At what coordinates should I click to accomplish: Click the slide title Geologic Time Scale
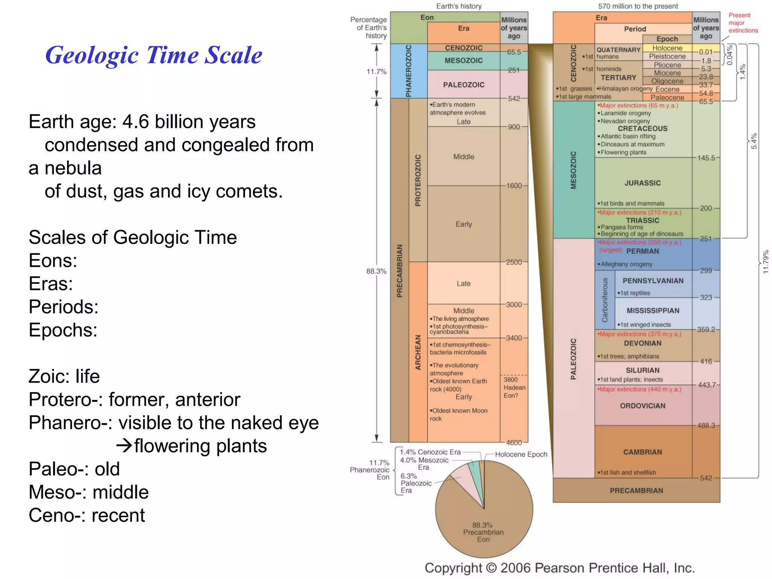click(153, 55)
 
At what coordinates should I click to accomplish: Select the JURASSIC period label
click(642, 183)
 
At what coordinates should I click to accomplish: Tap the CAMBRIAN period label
click(642, 452)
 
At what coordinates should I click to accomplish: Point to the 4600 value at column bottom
click(514, 443)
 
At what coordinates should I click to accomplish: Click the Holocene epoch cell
click(667, 48)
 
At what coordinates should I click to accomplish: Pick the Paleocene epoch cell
click(667, 98)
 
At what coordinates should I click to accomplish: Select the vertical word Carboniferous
click(605, 300)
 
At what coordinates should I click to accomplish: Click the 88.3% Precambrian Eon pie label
click(483, 532)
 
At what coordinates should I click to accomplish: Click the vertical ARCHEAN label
click(418, 352)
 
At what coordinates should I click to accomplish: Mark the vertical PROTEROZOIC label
click(418, 180)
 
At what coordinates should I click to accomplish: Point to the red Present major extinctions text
click(743, 23)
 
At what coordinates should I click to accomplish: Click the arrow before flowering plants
click(124, 446)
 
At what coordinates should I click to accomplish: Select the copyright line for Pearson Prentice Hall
click(559, 568)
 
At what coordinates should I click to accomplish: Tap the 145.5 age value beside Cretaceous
click(706, 158)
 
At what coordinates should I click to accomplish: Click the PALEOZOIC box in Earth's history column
click(464, 85)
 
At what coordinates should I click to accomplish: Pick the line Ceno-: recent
click(87, 515)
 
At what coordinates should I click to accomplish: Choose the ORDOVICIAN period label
click(642, 406)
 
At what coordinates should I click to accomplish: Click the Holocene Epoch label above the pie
click(521, 455)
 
